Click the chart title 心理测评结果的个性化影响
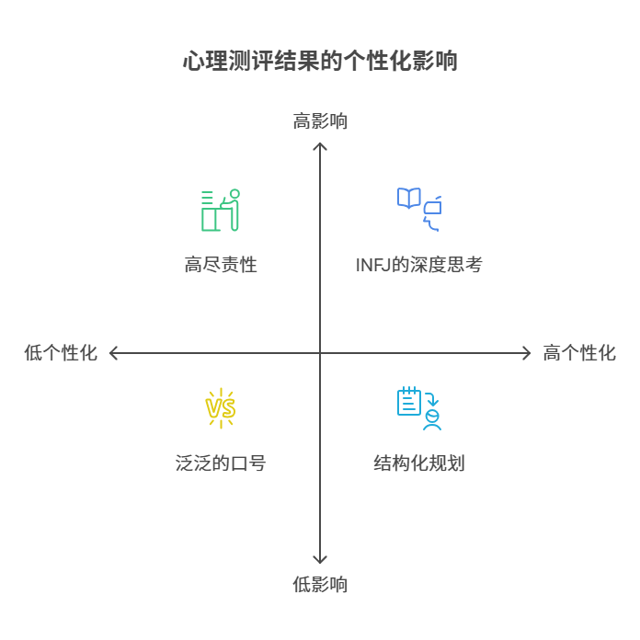[320, 63]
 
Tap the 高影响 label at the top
[320, 121]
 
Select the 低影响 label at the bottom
[320, 584]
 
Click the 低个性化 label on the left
[61, 353]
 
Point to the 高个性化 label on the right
[579, 353]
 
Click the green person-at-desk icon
[221, 210]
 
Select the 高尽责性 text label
[221, 266]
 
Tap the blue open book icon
[408, 198]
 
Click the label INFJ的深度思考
[418, 266]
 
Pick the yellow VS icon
[221, 407]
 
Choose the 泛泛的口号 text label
[221, 463]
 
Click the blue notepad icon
[409, 402]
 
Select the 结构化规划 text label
[418, 463]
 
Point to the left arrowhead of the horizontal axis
[113, 353]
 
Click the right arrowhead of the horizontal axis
[527, 353]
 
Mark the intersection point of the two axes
[320, 353]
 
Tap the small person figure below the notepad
[432, 421]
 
